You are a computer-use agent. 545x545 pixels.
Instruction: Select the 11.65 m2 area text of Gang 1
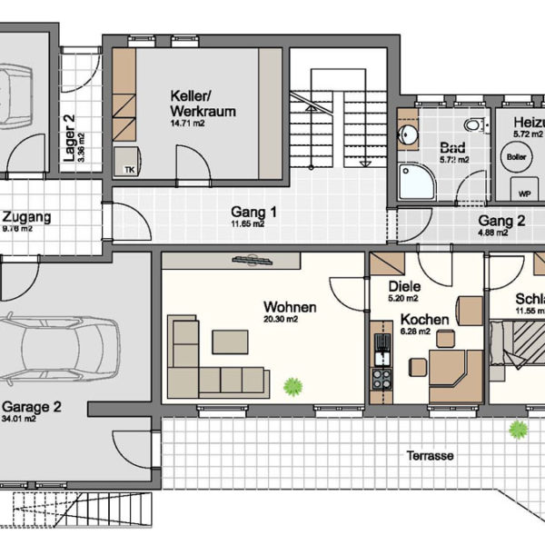(247, 223)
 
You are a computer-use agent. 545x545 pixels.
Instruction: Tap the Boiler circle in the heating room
(514, 155)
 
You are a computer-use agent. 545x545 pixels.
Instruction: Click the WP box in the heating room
(524, 193)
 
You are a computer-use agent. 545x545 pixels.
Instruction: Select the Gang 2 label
(501, 221)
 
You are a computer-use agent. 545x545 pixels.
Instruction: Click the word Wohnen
(290, 307)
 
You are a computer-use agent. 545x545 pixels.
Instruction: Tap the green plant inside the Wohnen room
(292, 386)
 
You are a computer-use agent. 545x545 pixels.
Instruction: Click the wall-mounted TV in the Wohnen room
(253, 261)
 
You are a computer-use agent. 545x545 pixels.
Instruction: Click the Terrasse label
(430, 456)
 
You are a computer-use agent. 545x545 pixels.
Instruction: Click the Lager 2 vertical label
(69, 136)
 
